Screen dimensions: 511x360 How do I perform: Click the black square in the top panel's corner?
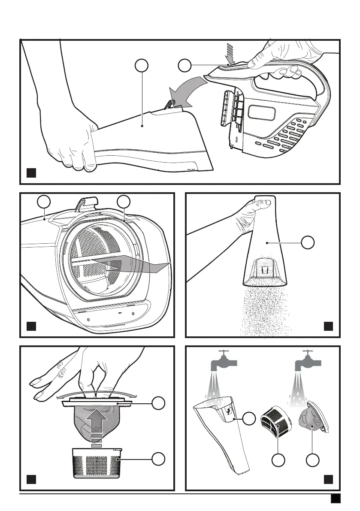point(31,173)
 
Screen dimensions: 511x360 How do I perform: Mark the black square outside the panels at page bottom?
point(336,498)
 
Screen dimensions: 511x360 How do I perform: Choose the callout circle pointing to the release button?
point(184,66)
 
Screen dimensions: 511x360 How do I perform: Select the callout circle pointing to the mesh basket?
point(158,459)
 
